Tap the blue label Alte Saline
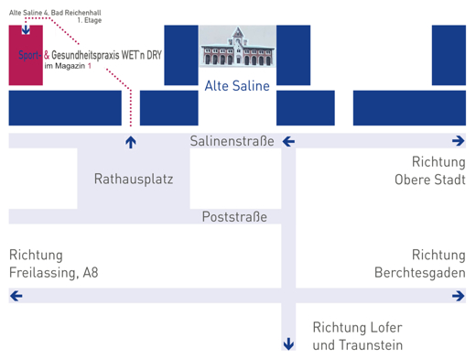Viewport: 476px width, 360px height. point(237,86)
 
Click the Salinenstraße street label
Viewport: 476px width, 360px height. point(233,141)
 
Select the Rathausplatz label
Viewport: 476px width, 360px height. point(134,180)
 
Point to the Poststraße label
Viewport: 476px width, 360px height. point(234,217)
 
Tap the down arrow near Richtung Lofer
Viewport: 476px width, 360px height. point(288,344)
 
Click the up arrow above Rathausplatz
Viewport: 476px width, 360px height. point(131,142)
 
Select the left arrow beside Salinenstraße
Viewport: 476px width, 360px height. point(287,141)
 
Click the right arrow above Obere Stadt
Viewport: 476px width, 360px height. point(458,141)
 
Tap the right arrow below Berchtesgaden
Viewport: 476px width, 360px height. point(458,296)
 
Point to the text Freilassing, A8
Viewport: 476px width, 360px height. point(53,273)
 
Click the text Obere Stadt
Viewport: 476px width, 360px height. point(429,180)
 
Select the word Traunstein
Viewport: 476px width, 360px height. point(370,345)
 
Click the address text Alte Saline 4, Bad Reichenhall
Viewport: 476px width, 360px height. point(55,10)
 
